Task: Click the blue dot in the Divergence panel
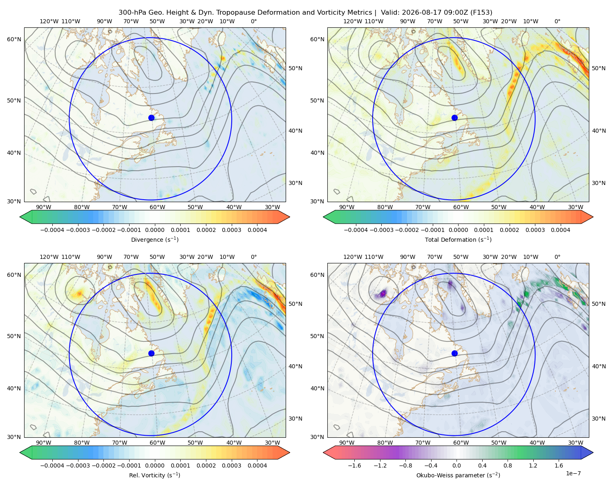pyautogui.click(x=151, y=118)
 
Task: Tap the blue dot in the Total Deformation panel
pyautogui.click(x=454, y=118)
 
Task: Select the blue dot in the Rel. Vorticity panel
pyautogui.click(x=151, y=353)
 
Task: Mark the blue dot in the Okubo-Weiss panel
pyautogui.click(x=454, y=353)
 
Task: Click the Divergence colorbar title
pyautogui.click(x=154, y=240)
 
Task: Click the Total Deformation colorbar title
pyautogui.click(x=458, y=240)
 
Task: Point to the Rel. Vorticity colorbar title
pyautogui.click(x=154, y=475)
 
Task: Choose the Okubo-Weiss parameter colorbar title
pyautogui.click(x=458, y=475)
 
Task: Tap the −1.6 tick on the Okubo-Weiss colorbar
pyautogui.click(x=354, y=465)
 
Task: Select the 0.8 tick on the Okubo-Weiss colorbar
pyautogui.click(x=508, y=465)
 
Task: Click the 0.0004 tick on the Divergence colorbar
pyautogui.click(x=257, y=230)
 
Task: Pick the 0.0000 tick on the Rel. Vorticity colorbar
pyautogui.click(x=154, y=465)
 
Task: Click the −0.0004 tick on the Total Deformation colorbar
pyautogui.click(x=356, y=230)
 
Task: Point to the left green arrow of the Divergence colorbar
pyautogui.click(x=26, y=217)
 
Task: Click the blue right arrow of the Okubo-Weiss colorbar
pyautogui.click(x=587, y=452)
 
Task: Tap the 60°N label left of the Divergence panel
pyautogui.click(x=14, y=39)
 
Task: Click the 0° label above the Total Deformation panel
pyautogui.click(x=557, y=21)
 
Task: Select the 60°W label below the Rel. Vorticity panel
pyautogui.click(x=157, y=443)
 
